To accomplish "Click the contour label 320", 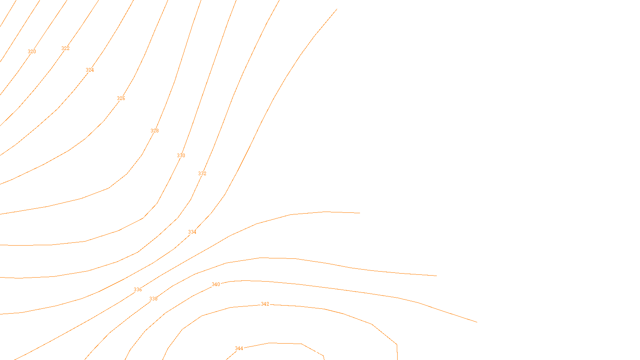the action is [32, 52].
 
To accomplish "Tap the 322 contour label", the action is [65, 48].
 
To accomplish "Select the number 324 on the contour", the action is [90, 70].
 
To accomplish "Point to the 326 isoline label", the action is [121, 98].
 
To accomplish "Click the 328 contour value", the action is [154, 131].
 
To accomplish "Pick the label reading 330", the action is [181, 156].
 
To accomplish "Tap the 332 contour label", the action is [202, 174].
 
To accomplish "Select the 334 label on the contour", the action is [192, 232].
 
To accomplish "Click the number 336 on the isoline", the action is [138, 290].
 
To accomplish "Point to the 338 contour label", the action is [153, 299].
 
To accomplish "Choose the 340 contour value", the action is [216, 284].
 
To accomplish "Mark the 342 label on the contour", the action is [265, 304].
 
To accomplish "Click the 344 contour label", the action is [239, 348].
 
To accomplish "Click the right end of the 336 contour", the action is [360, 213].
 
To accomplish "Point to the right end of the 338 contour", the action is [436, 276].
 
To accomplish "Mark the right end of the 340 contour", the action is [477, 322].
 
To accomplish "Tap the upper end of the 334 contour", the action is [337, 9].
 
